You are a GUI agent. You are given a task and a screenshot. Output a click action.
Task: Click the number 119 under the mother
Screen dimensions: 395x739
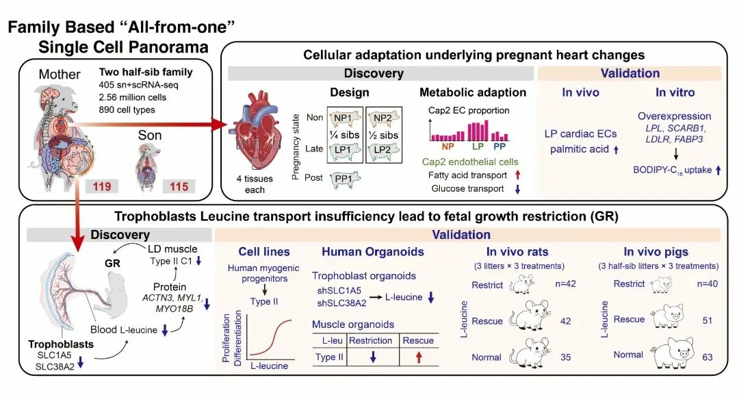pos(101,186)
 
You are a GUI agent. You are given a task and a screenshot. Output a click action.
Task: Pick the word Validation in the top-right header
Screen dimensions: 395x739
pos(630,73)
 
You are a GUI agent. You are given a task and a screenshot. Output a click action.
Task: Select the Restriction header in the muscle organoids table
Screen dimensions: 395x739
pos(370,340)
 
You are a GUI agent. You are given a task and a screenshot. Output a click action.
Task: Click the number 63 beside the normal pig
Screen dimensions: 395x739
pos(708,355)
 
